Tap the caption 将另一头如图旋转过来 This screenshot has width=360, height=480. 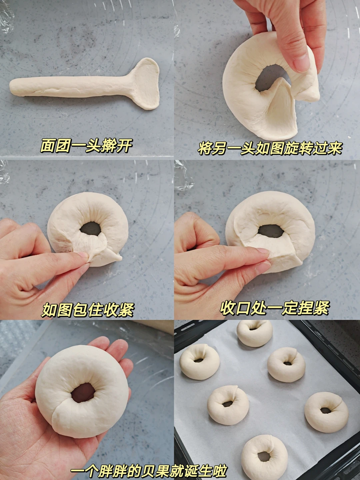(270, 148)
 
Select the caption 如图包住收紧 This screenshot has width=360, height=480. (87, 310)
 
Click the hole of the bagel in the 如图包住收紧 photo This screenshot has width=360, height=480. (90, 228)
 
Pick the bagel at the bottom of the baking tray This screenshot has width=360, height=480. (264, 456)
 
